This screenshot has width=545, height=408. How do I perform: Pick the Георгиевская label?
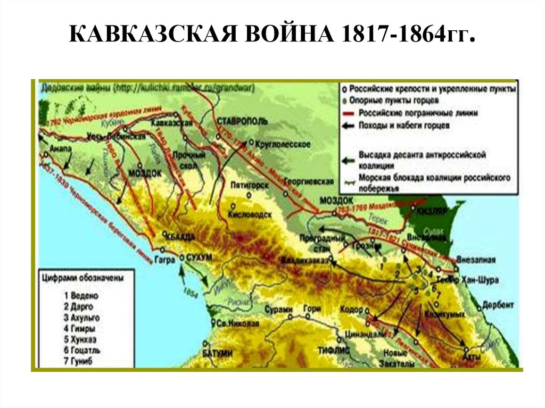(x=309, y=182)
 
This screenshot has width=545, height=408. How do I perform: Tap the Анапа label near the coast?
(x=59, y=148)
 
